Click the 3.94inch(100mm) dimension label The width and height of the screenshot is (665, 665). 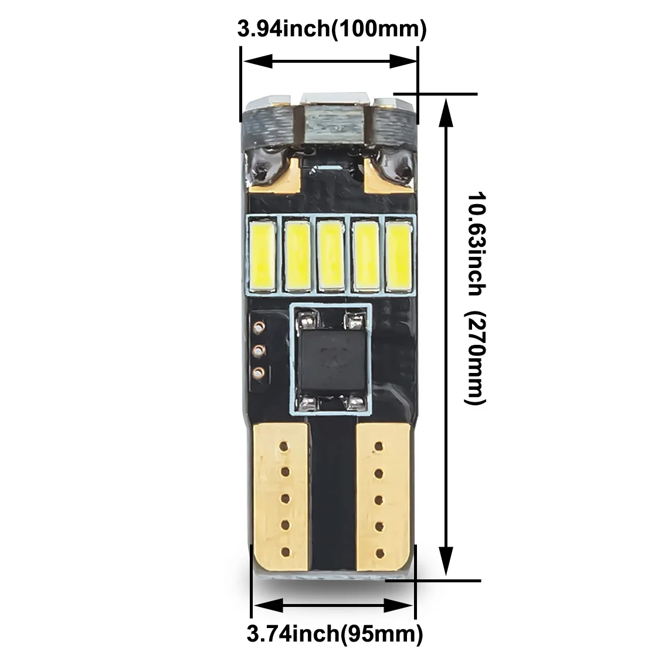332,29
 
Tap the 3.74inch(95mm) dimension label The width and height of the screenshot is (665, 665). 335,635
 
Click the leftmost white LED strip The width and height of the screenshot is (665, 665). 263,255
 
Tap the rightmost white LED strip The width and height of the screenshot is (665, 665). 399,255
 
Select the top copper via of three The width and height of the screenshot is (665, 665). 258,327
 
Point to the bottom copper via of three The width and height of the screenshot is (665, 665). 258,373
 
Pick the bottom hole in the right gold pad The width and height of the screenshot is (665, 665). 379,553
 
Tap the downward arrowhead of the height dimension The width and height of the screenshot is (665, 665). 446,561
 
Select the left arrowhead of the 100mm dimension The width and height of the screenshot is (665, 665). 258,62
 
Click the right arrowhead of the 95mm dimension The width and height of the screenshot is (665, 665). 398,606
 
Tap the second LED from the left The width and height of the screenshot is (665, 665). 297,255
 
